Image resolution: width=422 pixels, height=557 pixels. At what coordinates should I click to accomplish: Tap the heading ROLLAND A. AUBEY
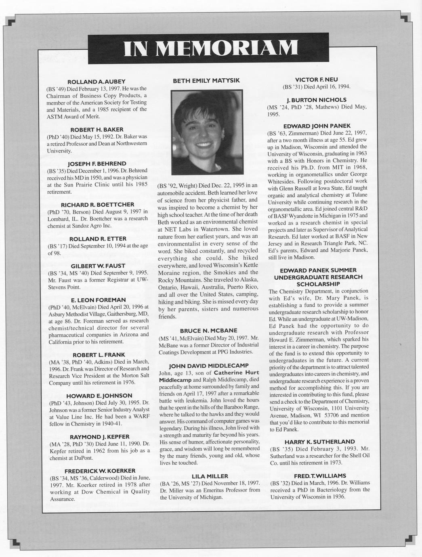[96, 82]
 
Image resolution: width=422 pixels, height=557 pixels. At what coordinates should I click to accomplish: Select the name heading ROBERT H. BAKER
[97, 130]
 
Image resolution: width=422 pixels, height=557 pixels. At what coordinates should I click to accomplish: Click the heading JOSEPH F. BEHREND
[97, 163]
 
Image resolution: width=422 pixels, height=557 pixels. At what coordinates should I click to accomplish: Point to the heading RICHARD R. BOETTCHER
[97, 205]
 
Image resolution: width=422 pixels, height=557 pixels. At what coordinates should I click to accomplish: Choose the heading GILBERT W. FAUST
[98, 266]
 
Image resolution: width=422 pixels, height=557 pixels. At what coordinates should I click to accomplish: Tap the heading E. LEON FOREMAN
[98, 300]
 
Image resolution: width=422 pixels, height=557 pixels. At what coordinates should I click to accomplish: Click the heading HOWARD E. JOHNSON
[99, 396]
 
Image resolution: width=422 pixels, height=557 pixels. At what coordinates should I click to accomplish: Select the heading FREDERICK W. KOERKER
[100, 471]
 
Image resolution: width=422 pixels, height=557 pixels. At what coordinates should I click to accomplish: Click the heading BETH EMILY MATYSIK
[206, 81]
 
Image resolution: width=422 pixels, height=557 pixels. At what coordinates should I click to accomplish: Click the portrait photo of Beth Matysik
[207, 132]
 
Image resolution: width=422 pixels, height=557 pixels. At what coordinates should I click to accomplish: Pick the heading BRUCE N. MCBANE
[209, 331]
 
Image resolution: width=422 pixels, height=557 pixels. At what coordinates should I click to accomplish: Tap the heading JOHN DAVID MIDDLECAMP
[209, 366]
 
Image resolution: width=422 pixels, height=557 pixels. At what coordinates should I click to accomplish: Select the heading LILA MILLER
[210, 476]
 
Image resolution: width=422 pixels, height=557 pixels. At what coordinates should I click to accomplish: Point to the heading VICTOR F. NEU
[317, 80]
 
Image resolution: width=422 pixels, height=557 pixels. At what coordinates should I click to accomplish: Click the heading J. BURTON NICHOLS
[317, 100]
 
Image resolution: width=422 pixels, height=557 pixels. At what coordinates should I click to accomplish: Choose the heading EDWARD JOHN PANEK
[317, 126]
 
